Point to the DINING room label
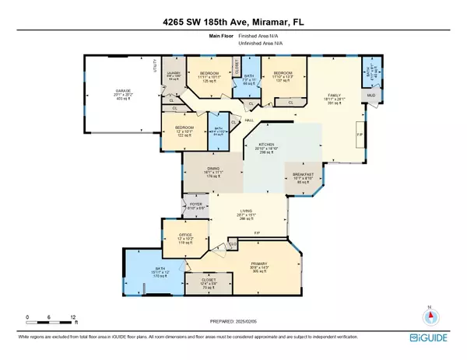(207, 172)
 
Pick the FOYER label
(196, 205)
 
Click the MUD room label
(371, 96)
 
